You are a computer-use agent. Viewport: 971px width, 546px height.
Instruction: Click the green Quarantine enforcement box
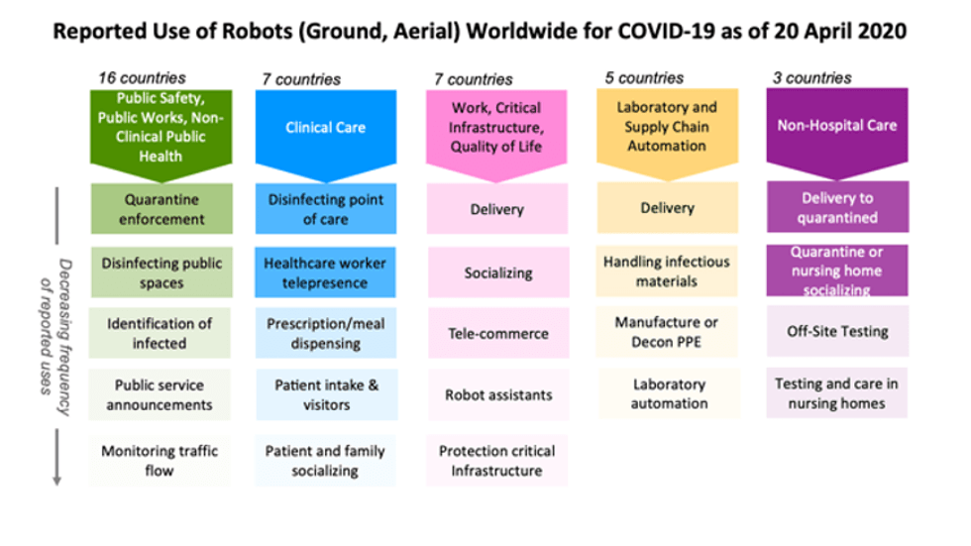[162, 209]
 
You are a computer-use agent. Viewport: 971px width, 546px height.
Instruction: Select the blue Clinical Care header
[326, 134]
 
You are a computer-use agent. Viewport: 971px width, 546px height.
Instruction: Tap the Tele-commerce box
[497, 333]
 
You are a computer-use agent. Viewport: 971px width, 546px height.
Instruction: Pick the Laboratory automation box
[669, 393]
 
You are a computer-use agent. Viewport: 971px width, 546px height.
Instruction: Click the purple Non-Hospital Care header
[837, 133]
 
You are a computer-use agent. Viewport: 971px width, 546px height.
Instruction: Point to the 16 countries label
[142, 78]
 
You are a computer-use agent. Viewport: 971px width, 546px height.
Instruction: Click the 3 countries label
[811, 78]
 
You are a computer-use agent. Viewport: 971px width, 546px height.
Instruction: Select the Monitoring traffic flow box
[160, 461]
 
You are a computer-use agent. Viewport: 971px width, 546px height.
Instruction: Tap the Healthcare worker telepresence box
[325, 273]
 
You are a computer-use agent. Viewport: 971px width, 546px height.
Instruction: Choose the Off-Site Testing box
[837, 331]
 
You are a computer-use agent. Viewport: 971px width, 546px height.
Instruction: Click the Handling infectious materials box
[667, 272]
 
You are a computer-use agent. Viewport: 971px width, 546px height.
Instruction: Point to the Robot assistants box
[497, 395]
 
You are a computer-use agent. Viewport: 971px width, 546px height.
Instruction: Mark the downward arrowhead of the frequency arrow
[57, 481]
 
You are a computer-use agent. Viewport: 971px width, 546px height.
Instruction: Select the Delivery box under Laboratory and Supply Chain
[668, 207]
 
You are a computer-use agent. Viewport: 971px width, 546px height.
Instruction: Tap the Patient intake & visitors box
[326, 395]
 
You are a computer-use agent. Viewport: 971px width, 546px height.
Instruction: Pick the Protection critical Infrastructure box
[496, 461]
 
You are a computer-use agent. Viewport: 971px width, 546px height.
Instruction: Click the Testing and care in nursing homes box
[836, 393]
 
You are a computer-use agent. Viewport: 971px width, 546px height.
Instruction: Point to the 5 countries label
[644, 78]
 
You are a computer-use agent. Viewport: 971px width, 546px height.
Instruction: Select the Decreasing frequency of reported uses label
[56, 336]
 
